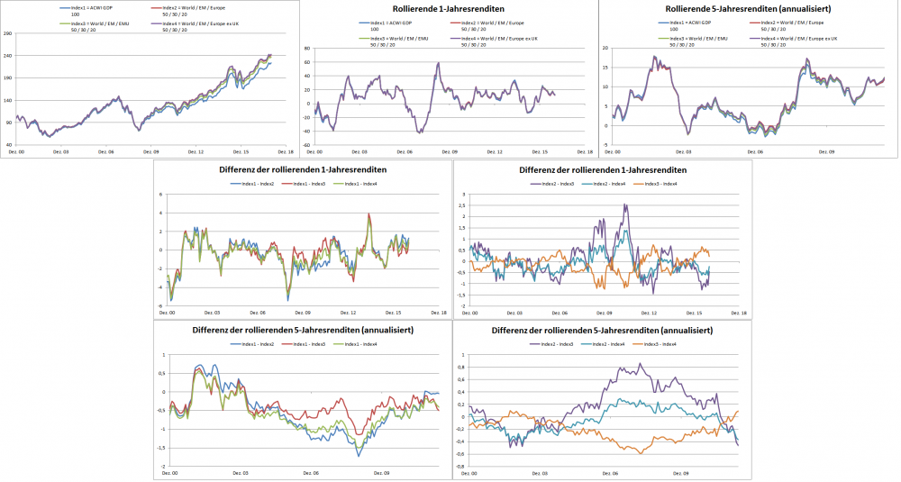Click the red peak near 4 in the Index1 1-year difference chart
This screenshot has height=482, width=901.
pos(369,214)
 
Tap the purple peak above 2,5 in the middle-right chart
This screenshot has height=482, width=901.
pos(624,205)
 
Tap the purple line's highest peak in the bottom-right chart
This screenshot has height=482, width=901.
pos(640,364)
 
